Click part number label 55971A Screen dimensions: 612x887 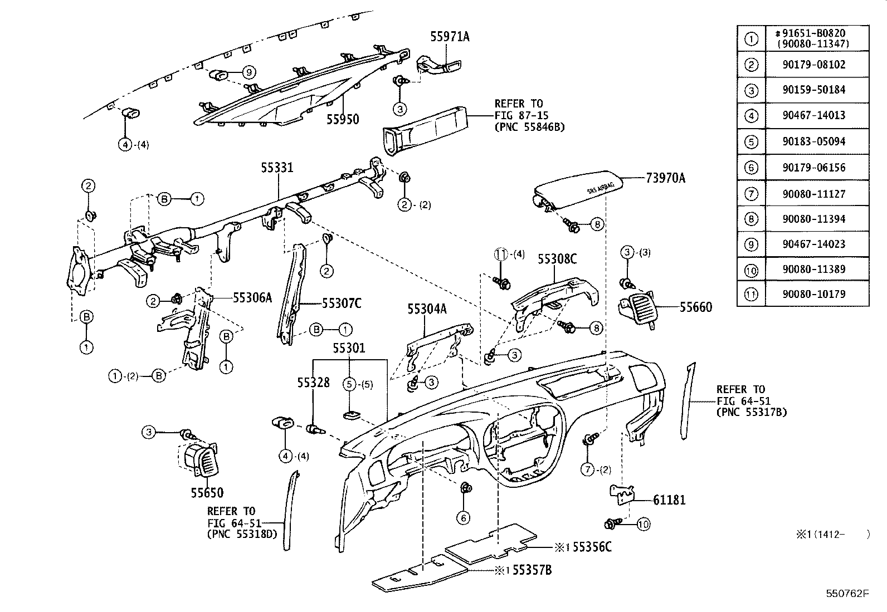click(449, 37)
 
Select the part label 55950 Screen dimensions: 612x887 click(342, 119)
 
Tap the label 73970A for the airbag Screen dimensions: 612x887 click(665, 178)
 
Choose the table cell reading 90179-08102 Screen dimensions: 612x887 click(817, 65)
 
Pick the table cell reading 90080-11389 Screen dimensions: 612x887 click(817, 269)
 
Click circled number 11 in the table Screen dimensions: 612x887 click(751, 294)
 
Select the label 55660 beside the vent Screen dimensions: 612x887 click(695, 307)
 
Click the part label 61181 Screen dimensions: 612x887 click(669, 500)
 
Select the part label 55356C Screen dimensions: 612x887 click(592, 547)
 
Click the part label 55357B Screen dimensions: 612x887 click(532, 570)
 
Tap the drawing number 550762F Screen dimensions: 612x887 click(847, 593)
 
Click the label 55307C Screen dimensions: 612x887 click(341, 303)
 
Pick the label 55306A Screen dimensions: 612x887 click(252, 298)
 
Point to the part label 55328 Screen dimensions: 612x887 click(313, 383)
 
